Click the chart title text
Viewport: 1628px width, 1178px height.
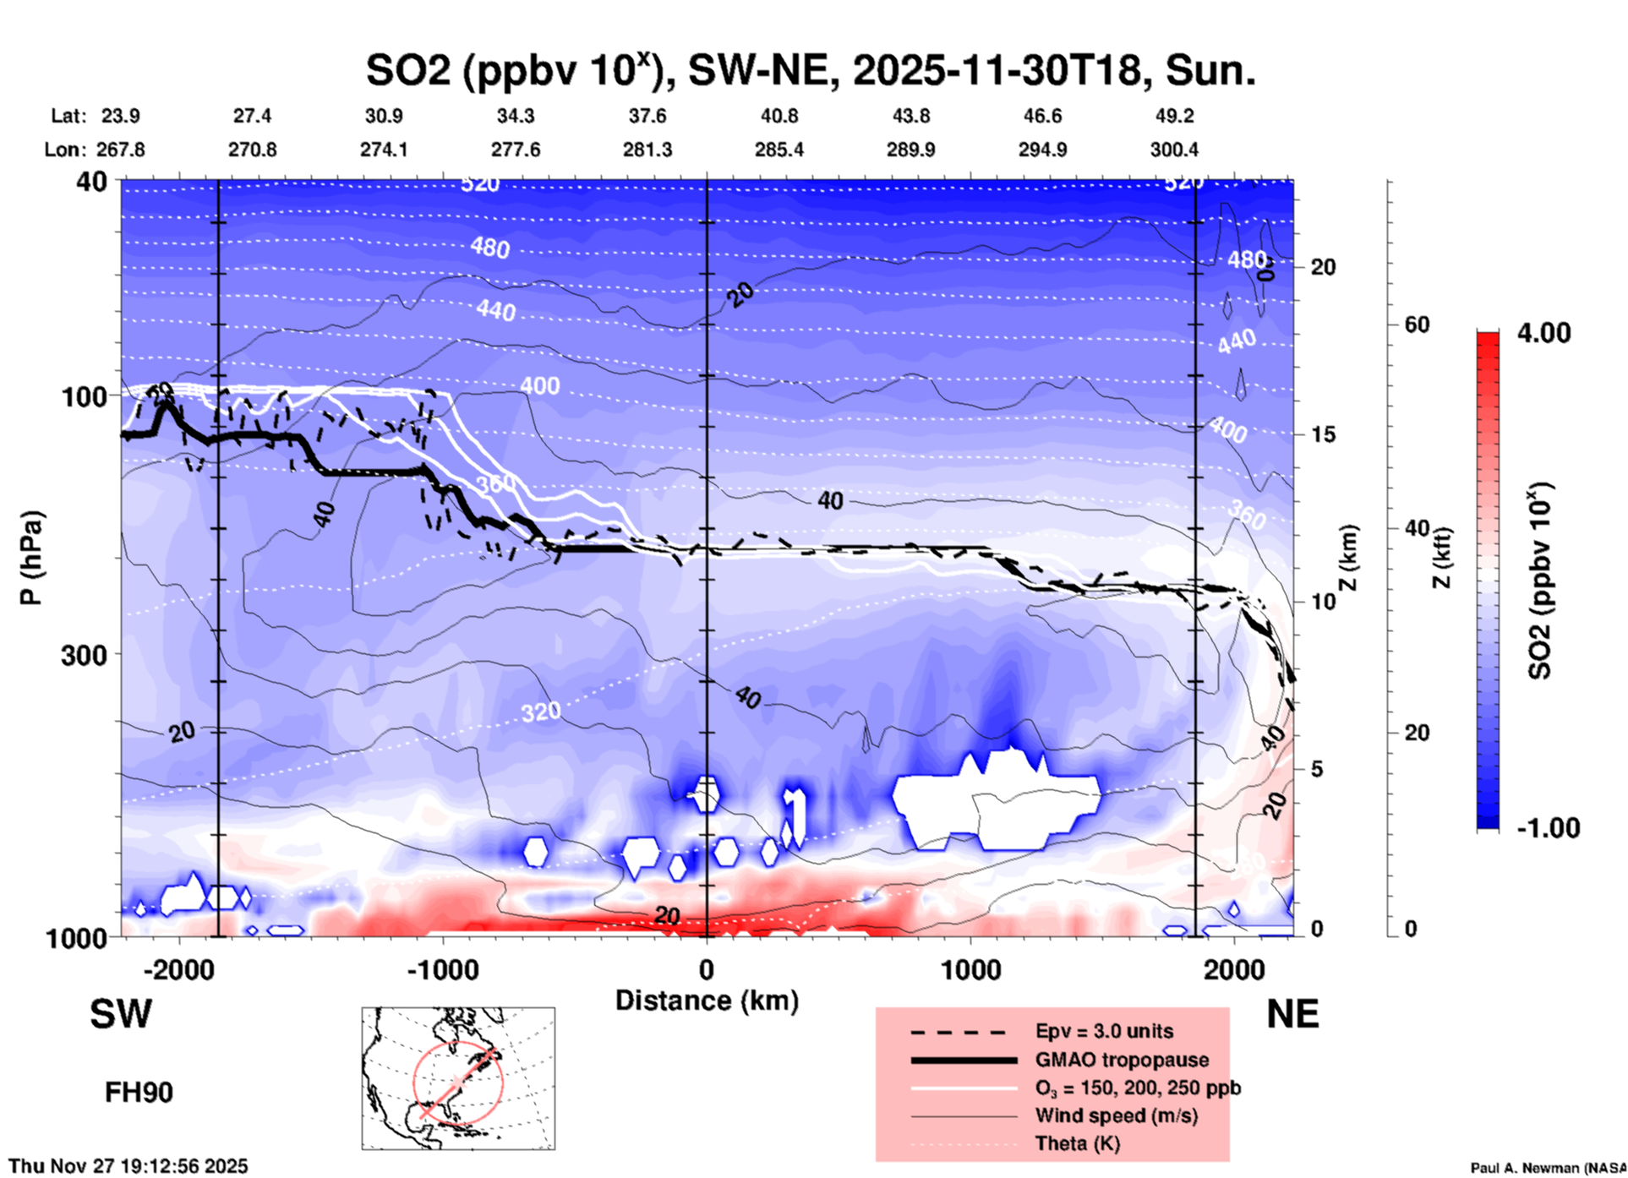tap(810, 70)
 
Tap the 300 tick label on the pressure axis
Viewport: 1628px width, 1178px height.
tap(85, 654)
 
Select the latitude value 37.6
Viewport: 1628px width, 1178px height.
tap(647, 116)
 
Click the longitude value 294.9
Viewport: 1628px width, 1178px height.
tap(1042, 150)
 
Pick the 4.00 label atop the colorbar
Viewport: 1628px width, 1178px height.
tap(1543, 333)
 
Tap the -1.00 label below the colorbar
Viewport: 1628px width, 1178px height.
tap(1548, 827)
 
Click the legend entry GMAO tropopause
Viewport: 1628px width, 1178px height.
tap(1122, 1060)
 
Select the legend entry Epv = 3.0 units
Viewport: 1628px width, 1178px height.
tap(1104, 1031)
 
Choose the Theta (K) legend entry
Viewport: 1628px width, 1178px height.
tap(1077, 1143)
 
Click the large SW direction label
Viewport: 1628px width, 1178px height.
tap(121, 1014)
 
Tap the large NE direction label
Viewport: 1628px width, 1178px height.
tap(1292, 1014)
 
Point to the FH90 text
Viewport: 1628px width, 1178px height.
tap(139, 1092)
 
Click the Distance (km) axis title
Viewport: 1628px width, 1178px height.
tap(707, 1001)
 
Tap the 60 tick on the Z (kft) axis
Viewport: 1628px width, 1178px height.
tap(1417, 324)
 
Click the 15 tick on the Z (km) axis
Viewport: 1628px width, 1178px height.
tap(1323, 434)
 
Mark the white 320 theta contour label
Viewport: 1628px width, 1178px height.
tap(540, 712)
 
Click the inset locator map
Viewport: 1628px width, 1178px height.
tap(458, 1077)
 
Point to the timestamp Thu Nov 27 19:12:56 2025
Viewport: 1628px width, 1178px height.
tap(128, 1166)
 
